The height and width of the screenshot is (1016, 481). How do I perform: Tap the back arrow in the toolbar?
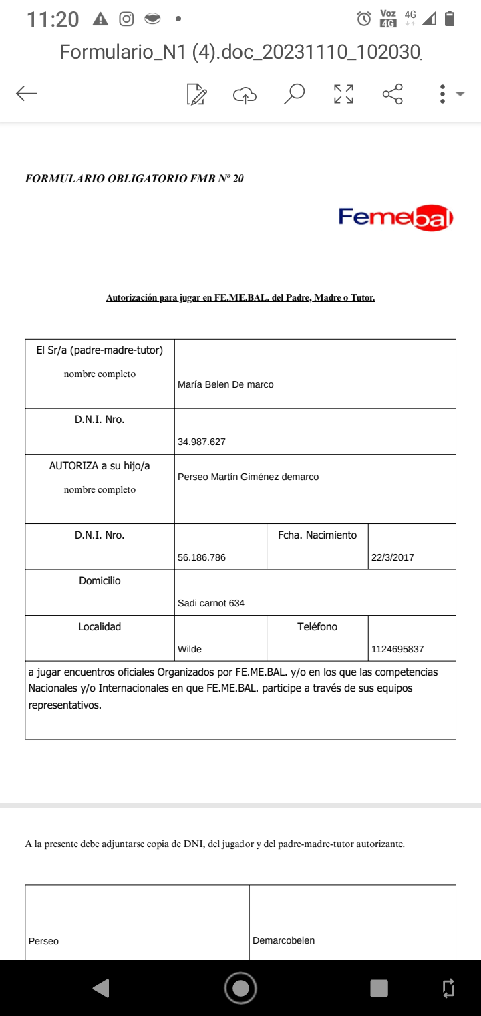(27, 94)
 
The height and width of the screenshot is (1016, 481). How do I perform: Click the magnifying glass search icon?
(294, 94)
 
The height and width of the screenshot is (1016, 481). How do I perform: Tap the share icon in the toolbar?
(393, 94)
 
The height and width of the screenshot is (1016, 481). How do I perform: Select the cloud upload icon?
(245, 95)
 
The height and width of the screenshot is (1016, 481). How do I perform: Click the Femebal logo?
(395, 217)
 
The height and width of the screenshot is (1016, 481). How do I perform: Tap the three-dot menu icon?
(442, 94)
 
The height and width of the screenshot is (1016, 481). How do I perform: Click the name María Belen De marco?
(226, 384)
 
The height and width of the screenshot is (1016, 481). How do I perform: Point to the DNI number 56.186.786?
(202, 557)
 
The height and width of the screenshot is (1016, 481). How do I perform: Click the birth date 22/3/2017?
(393, 557)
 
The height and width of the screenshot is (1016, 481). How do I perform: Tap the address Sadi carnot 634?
(211, 603)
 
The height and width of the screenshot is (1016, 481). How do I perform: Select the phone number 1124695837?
(397, 649)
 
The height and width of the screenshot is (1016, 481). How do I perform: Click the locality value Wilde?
(190, 649)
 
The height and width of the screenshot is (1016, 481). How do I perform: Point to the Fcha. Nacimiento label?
(317, 535)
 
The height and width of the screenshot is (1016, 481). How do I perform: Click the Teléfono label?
(317, 627)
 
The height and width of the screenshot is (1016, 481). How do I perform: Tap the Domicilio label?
(100, 581)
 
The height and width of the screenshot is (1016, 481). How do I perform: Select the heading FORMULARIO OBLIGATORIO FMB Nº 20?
(134, 178)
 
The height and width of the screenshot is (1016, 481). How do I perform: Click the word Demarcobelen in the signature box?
(284, 940)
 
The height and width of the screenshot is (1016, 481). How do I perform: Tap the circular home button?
(240, 988)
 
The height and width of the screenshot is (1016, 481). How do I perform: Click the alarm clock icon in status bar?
(364, 19)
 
